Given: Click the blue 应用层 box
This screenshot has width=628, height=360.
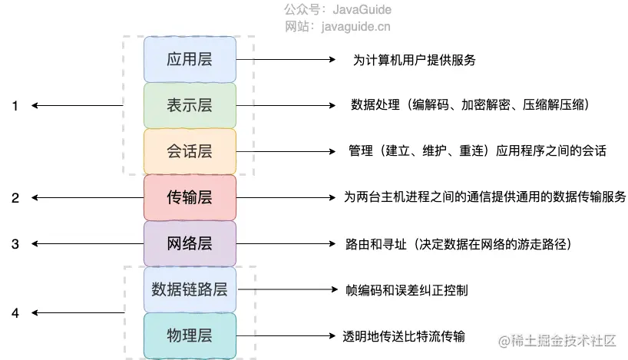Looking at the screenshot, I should [x=190, y=59].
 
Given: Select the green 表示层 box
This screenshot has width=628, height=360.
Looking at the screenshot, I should [x=190, y=105].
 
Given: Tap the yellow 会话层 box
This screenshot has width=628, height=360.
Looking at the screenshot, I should [x=190, y=151].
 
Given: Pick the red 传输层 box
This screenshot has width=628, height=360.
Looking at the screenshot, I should [x=190, y=197].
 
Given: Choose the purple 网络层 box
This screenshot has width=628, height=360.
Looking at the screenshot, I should [x=190, y=243].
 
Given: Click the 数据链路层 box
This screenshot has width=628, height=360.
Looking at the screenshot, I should [x=190, y=289].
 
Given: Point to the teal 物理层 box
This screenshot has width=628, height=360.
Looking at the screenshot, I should [x=190, y=335].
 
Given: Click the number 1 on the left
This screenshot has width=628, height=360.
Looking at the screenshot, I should [x=15, y=106].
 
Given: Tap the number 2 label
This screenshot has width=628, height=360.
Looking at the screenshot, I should [x=15, y=198].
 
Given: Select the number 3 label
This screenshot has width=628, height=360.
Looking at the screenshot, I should [x=15, y=244].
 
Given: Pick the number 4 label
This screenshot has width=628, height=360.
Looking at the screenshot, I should [x=15, y=312].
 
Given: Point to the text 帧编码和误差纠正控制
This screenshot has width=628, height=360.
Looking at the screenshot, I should [x=407, y=290].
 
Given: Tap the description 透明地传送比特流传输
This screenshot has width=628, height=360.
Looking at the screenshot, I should [x=405, y=336].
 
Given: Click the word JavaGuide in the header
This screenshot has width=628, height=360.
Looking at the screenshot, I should [x=362, y=10].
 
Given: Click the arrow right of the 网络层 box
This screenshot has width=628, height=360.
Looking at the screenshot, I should [x=284, y=244].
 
